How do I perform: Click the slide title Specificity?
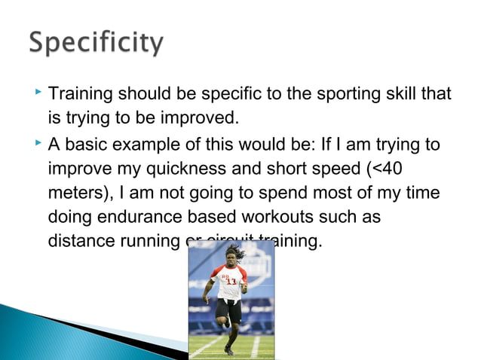(96, 43)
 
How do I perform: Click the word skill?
(401, 95)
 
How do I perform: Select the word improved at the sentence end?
(203, 119)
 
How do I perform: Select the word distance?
(78, 242)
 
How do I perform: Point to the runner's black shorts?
(228, 309)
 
